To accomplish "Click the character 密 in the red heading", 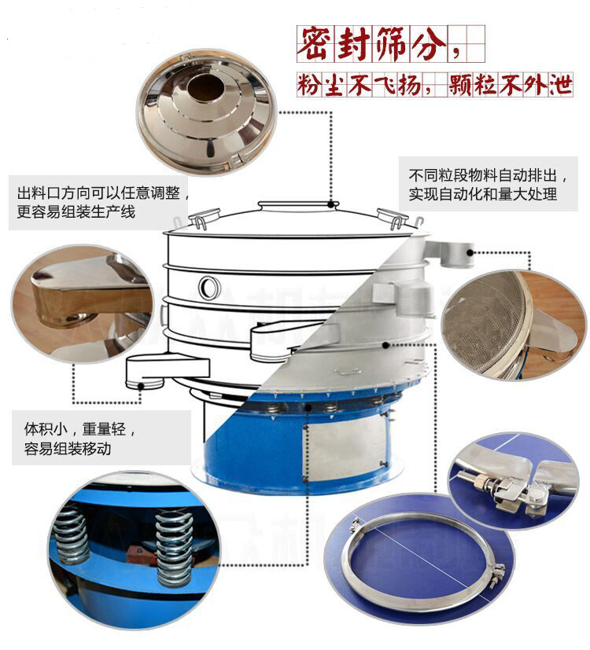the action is pos(315,44).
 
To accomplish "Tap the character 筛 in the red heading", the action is pos(390,44).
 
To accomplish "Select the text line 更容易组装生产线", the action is pos(76,212).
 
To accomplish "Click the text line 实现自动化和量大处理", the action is pos(482,193).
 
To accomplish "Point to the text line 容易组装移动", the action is pos(68,448).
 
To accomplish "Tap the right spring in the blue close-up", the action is pos(175,548).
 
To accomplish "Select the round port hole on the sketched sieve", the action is pos(209,287).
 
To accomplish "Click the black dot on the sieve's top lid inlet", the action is pos(330,204).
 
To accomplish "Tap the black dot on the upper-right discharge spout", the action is pos(470,252).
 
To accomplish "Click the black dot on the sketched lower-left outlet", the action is pos(141,386).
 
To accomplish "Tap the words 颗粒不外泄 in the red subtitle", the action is pos(510,85).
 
